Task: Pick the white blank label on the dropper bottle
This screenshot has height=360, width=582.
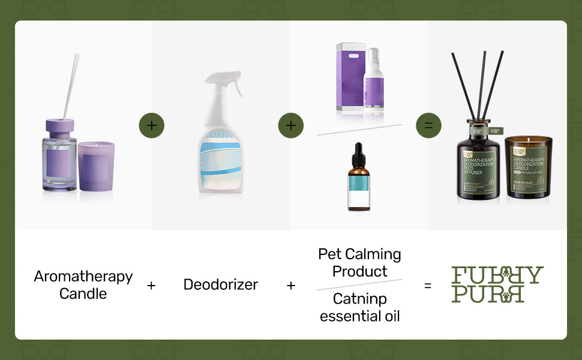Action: [359, 195]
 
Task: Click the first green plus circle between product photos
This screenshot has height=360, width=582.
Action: [151, 125]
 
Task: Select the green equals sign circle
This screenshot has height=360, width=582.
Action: [428, 125]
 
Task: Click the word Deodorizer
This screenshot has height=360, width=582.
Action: [221, 284]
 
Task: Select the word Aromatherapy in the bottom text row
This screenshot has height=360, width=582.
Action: [83, 277]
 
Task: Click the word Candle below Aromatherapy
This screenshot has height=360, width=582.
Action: [83, 294]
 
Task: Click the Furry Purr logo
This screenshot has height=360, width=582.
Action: [497, 284]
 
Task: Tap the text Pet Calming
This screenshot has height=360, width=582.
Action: [359, 254]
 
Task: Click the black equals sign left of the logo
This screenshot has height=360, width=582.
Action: [428, 286]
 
